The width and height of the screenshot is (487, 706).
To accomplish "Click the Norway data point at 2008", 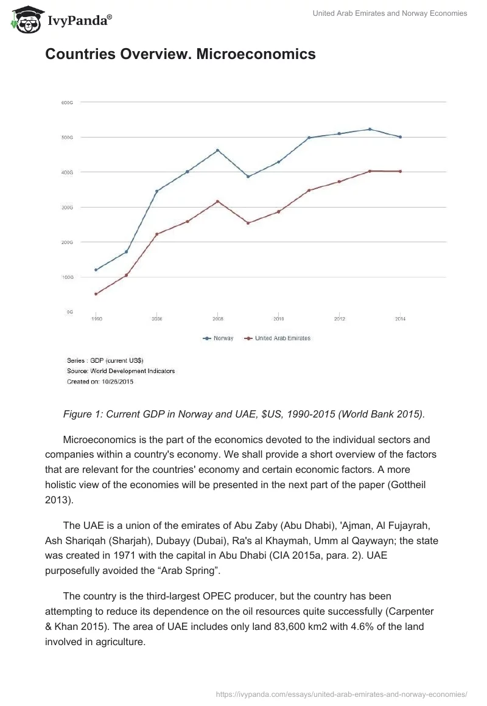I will tap(218, 150).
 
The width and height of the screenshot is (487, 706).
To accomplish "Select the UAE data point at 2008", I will tap(218, 201).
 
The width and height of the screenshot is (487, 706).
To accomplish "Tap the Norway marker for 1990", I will tap(96, 270).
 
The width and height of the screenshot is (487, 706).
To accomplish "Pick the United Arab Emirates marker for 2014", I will tap(400, 172).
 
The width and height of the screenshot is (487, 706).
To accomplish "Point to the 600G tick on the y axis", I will tap(67, 102).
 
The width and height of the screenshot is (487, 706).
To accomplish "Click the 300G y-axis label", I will tap(67, 207).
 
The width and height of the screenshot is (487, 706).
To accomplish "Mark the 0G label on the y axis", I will tap(69, 312).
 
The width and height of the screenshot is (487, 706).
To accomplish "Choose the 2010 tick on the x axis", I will tap(279, 318).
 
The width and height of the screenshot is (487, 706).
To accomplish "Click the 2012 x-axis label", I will tap(340, 318).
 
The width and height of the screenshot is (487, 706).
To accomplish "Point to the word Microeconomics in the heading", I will tap(256, 54).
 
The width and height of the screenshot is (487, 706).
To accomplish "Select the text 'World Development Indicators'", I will tap(133, 371).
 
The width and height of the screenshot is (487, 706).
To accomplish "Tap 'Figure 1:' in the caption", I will tap(83, 414).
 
